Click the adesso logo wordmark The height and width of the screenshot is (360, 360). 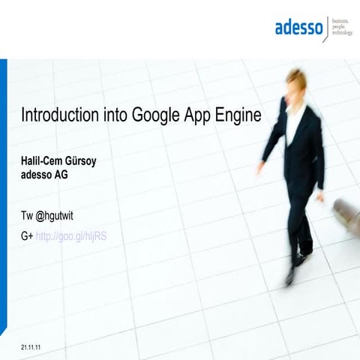pyautogui.click(x=298, y=28)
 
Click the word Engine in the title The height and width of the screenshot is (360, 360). pyautogui.click(x=239, y=117)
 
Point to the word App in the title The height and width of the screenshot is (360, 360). pyautogui.click(x=200, y=117)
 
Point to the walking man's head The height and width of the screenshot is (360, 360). pyautogui.click(x=296, y=83)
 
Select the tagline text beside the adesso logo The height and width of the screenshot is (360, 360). pyautogui.click(x=341, y=28)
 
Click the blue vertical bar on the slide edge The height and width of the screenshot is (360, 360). pyautogui.click(x=3, y=195)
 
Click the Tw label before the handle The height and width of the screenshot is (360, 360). pyautogui.click(x=27, y=217)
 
